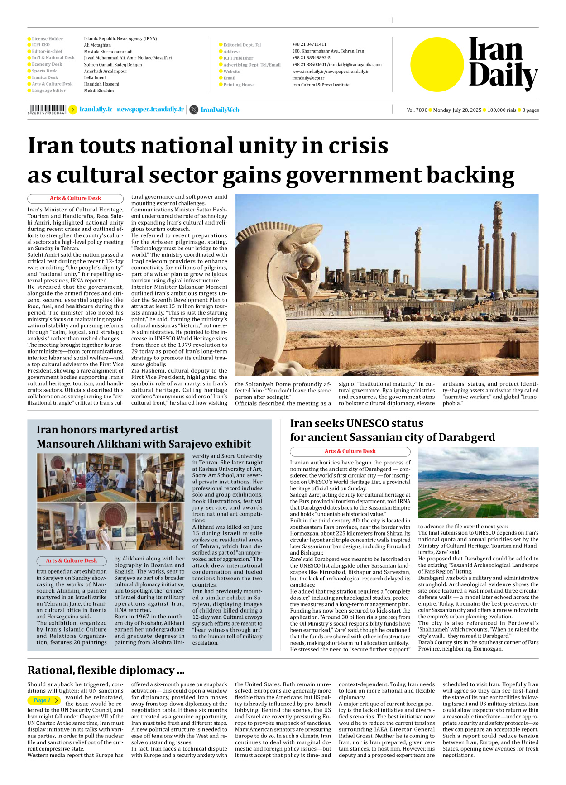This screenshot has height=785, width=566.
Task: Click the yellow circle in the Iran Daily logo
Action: [437, 64]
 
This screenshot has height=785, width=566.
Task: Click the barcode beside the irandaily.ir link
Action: [47, 109]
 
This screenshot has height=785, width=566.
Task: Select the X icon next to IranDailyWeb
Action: [194, 110]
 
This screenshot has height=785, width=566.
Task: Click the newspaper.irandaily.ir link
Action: [150, 110]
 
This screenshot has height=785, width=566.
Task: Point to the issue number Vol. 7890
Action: [417, 110]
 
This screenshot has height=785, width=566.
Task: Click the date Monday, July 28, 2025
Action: [457, 110]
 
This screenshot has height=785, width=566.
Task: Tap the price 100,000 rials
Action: [502, 110]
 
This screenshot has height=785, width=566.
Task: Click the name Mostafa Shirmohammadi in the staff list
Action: [108, 52]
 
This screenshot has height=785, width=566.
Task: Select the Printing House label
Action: [239, 85]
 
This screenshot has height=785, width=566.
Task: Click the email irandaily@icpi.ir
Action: [308, 78]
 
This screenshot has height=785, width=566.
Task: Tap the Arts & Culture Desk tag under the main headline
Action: [75, 198]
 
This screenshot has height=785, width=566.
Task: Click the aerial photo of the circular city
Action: [478, 483]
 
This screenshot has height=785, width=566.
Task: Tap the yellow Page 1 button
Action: [44, 700]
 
